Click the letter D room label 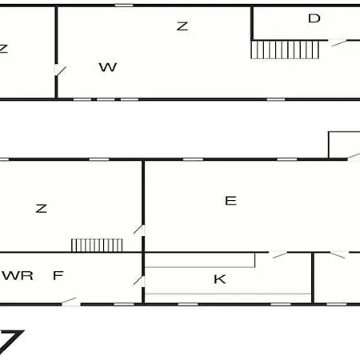pyautogui.click(x=314, y=18)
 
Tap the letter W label pyautogui.click(x=108, y=67)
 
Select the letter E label pyautogui.click(x=230, y=201)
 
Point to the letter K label pyautogui.click(x=220, y=279)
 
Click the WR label pyautogui.click(x=18, y=275)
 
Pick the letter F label pyautogui.click(x=58, y=275)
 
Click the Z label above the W pyautogui.click(x=182, y=26)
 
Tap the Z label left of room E pyautogui.click(x=42, y=208)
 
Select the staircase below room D pyautogui.click(x=285, y=50)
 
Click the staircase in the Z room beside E pyautogui.click(x=97, y=246)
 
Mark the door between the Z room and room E pyautogui.click(x=139, y=230)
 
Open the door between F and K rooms pyautogui.click(x=139, y=281)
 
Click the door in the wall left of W pyautogui.click(x=60, y=70)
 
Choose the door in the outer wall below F pyautogui.click(x=70, y=302)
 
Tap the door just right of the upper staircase pyautogui.click(x=338, y=42)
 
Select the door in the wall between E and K pyautogui.click(x=278, y=254)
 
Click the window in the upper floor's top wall pyautogui.click(x=124, y=5)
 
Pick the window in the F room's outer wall pyautogui.click(x=124, y=304)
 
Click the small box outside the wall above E pyautogui.click(x=344, y=145)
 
